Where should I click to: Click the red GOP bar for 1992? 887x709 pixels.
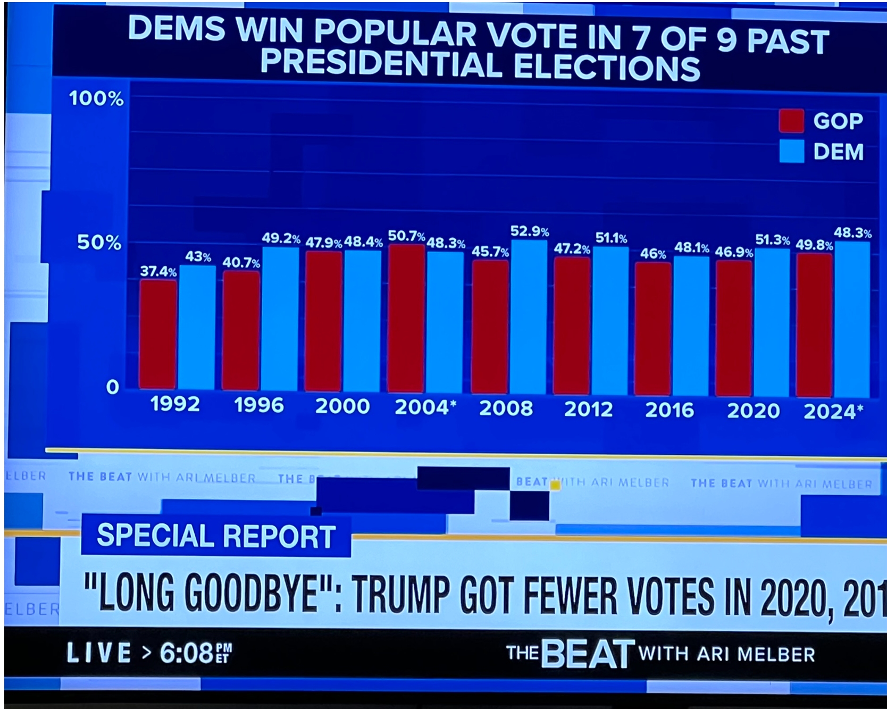pos(158,334)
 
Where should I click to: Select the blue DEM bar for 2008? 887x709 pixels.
pos(529,317)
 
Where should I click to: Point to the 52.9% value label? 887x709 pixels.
pos(530,231)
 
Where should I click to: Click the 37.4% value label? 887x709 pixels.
pos(158,271)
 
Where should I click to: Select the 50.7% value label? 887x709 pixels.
pos(406,236)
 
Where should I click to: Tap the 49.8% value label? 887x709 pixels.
pos(814,245)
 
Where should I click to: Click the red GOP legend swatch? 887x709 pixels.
pos(791,121)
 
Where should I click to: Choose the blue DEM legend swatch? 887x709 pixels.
pos(791,151)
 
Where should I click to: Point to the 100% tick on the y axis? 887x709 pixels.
pos(96,98)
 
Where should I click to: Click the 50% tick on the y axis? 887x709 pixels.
pos(99,243)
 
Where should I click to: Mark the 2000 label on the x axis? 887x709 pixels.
pos(342,406)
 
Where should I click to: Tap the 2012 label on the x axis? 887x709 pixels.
pos(588,409)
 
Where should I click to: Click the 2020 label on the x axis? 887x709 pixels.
pos(753,411)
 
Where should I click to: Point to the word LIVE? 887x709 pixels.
pos(98,652)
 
